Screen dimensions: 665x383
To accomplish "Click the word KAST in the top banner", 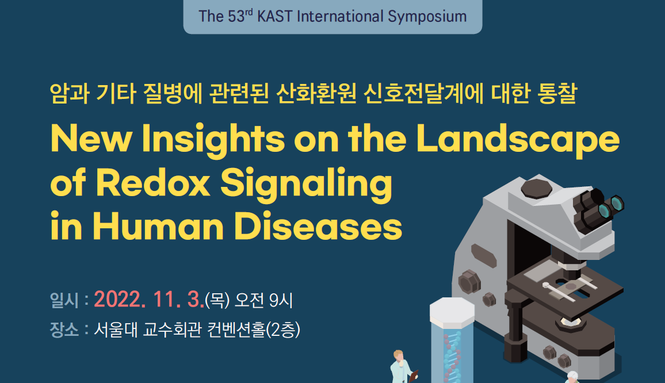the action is [275, 17].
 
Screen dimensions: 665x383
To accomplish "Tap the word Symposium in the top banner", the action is [427, 17].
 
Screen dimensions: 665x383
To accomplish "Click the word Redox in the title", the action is [153, 183].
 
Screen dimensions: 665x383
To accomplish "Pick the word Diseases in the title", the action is [318, 226].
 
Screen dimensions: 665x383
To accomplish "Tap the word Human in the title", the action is [158, 226].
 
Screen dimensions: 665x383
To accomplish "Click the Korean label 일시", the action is [64, 300].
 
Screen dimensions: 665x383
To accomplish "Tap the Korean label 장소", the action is [64, 330].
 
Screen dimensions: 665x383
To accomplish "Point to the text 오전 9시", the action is [264, 300].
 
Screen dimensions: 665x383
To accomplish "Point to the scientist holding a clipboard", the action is [402, 367].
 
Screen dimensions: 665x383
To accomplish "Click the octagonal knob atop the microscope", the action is [536, 188].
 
